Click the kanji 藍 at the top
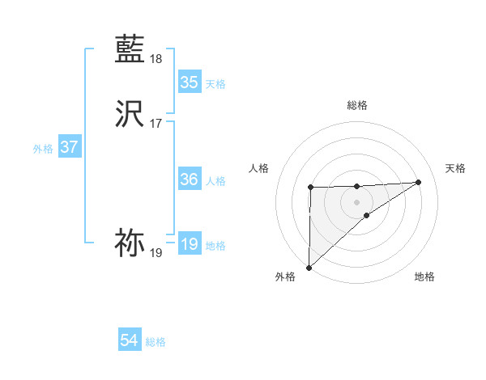tap(130, 49)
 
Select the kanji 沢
tap(130, 115)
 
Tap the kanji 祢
tap(130, 243)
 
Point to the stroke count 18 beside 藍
tap(156, 59)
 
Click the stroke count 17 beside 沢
tap(156, 124)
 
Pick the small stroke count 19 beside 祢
tap(156, 253)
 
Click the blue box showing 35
tap(189, 82)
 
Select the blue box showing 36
tap(189, 179)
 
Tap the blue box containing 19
tap(189, 244)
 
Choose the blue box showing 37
tap(69, 148)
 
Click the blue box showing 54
tap(130, 341)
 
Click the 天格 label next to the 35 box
tap(215, 84)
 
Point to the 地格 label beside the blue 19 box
tap(215, 246)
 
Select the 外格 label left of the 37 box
tap(43, 149)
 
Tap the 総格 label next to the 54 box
tap(156, 342)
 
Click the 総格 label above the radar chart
tap(356, 105)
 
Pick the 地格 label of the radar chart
tap(424, 277)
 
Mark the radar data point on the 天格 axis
tap(419, 182)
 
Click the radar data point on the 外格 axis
tap(309, 267)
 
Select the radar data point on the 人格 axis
tap(310, 188)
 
